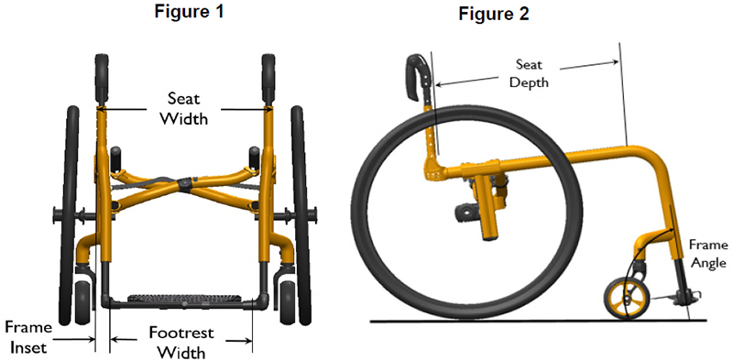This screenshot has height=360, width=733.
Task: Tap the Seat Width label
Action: [x=184, y=108]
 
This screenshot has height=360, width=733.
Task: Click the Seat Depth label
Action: [x=529, y=73]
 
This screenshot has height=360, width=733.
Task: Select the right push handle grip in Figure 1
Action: [x=269, y=81]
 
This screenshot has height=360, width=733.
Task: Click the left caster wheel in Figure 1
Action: [x=83, y=299]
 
